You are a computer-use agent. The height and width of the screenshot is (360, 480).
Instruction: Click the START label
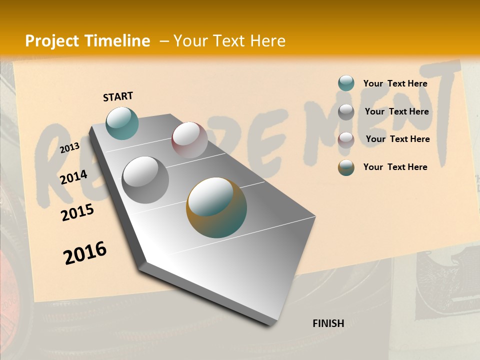118,96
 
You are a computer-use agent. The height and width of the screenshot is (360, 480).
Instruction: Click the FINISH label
328,323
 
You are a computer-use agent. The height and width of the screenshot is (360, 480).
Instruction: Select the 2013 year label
69,147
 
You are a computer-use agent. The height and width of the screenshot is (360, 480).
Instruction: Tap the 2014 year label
73,177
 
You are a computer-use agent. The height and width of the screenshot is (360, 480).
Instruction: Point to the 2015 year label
77,212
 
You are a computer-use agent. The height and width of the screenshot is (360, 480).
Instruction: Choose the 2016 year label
85,253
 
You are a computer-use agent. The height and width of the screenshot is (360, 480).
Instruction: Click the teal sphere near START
122,123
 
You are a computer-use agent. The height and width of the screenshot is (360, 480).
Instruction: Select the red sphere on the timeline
189,140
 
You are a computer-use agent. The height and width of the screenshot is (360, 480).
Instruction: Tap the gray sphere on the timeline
145,179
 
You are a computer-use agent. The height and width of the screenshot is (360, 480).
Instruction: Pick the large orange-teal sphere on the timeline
216,207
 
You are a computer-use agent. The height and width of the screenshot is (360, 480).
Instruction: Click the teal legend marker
346,83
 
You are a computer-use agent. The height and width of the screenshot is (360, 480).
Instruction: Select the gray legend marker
346,112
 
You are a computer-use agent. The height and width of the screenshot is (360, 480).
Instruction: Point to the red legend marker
346,139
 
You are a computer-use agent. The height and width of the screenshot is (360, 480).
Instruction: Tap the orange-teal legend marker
346,167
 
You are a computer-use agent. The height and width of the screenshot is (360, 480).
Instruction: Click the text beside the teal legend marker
395,83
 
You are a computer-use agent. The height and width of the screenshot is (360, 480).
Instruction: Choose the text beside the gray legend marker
396,111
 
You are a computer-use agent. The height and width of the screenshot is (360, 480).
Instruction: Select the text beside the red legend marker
397,139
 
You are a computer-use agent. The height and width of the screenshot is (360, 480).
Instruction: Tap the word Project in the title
51,41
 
